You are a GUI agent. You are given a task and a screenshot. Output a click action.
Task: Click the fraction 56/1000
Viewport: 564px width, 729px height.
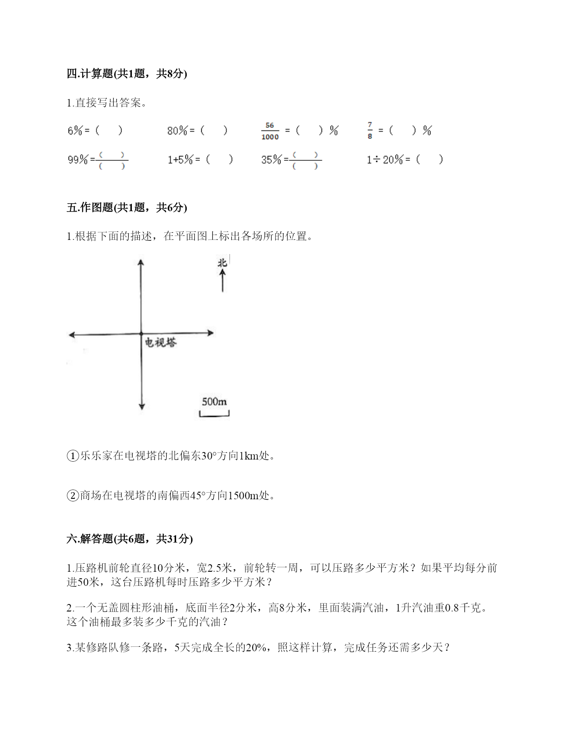pyautogui.click(x=270, y=131)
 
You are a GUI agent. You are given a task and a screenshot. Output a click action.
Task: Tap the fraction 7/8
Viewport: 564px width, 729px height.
pyautogui.click(x=370, y=130)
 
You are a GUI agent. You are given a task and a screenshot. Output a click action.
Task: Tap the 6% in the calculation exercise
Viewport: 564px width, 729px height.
pyautogui.click(x=75, y=131)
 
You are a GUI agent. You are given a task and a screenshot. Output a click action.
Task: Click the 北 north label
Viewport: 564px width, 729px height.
pyautogui.click(x=222, y=263)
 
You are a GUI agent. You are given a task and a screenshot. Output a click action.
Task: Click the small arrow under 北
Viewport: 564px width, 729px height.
pyautogui.click(x=223, y=281)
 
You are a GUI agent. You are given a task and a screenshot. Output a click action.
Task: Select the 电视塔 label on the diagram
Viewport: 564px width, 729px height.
pyautogui.click(x=161, y=342)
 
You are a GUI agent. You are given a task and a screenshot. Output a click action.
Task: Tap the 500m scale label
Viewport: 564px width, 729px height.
pyautogui.click(x=214, y=402)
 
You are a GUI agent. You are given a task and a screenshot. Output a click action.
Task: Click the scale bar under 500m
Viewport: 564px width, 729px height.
pyautogui.click(x=214, y=414)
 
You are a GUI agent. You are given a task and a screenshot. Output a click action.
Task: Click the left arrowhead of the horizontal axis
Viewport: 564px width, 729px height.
pyautogui.click(x=72, y=335)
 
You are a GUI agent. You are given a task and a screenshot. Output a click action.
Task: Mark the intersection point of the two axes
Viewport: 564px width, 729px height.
pyautogui.click(x=141, y=334)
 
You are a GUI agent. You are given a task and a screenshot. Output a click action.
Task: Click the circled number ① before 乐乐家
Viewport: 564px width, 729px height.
pyautogui.click(x=73, y=456)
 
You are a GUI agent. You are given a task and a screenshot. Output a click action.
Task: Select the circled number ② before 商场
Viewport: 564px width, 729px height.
pyautogui.click(x=73, y=496)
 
